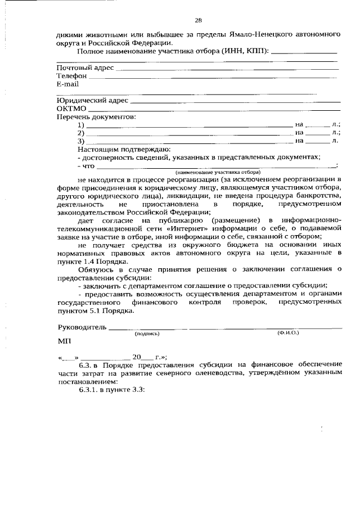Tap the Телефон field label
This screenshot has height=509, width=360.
click(71, 75)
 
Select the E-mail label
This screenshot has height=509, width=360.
click(67, 83)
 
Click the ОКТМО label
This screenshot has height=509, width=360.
click(71, 109)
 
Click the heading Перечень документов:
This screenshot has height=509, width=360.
click(96, 116)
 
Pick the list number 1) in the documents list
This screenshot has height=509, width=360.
click(81, 125)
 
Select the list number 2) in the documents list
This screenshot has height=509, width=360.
click(81, 133)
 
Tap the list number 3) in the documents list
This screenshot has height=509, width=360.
click(81, 141)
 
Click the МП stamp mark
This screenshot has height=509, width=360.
click(65, 341)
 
